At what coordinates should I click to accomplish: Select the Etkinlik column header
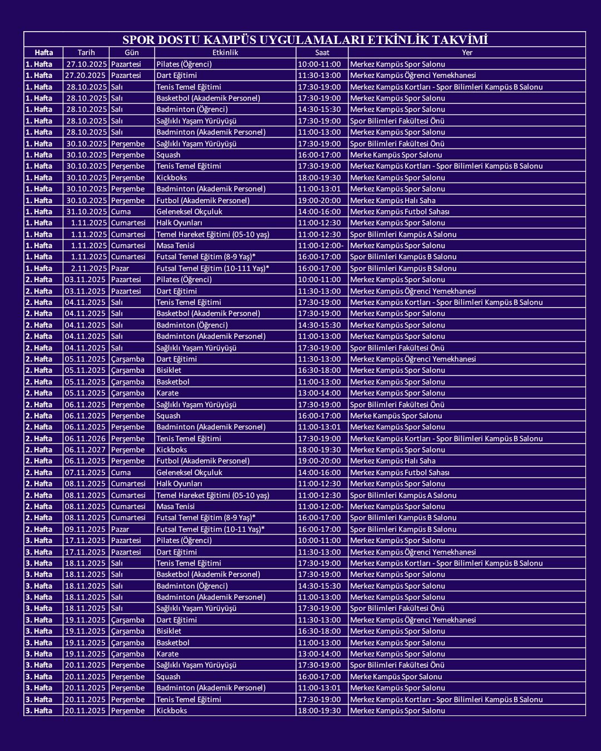(225, 52)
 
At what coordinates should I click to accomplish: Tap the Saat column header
(322, 52)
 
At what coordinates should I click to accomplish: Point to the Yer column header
(467, 52)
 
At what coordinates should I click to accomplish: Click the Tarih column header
(86, 52)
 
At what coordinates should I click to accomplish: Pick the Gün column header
(131, 52)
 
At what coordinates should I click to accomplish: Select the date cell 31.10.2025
(86, 211)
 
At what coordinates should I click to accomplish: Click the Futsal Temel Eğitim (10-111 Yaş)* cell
(213, 268)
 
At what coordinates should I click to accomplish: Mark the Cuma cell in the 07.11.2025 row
(121, 472)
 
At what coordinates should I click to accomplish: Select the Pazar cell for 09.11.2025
(120, 529)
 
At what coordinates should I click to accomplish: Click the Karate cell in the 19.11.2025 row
(168, 654)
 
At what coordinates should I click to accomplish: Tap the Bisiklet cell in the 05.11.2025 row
(169, 370)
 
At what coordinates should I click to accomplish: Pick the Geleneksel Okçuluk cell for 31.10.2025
(189, 211)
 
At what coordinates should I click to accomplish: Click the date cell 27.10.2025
(86, 64)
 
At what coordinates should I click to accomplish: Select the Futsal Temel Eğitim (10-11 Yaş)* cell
(210, 529)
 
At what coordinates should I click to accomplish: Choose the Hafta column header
(43, 52)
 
